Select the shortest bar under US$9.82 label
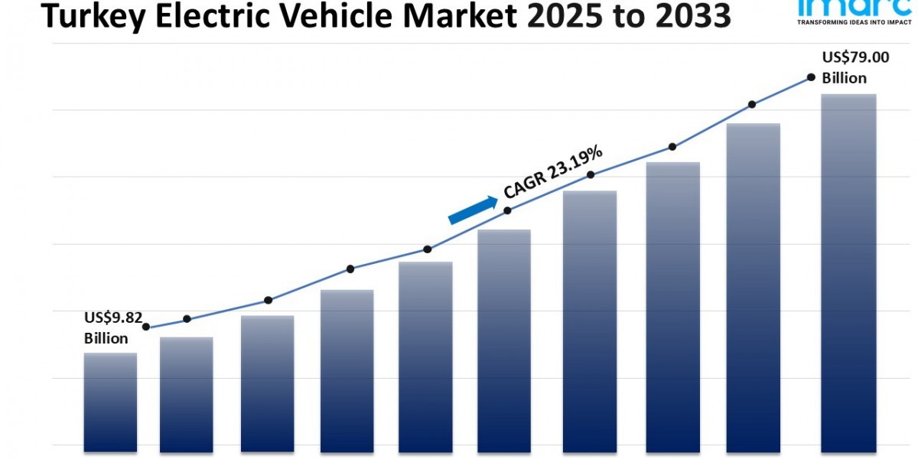pos(110,402)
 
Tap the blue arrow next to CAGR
pos(472,210)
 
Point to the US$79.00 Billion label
pos(845,67)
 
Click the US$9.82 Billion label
pos(112,327)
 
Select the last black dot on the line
pos(810,77)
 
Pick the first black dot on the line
pos(146,327)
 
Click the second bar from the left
pos(186,394)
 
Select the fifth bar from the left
pos(425,356)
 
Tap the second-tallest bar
pos(754,287)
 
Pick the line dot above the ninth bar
pos(752,104)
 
